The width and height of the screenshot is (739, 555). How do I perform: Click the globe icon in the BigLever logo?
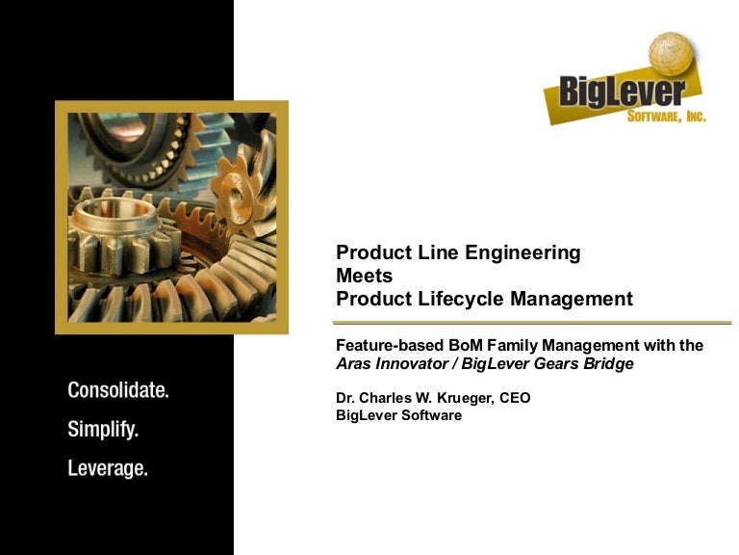(x=671, y=56)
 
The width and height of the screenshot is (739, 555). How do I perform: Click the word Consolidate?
(x=118, y=391)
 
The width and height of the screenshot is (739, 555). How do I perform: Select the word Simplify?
(x=103, y=430)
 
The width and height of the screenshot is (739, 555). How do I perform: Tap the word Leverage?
(x=108, y=469)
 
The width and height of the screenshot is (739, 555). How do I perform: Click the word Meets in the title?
(x=364, y=276)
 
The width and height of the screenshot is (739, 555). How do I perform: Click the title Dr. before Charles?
(x=346, y=397)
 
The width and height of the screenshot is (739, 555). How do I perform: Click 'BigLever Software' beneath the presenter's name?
(x=398, y=415)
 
